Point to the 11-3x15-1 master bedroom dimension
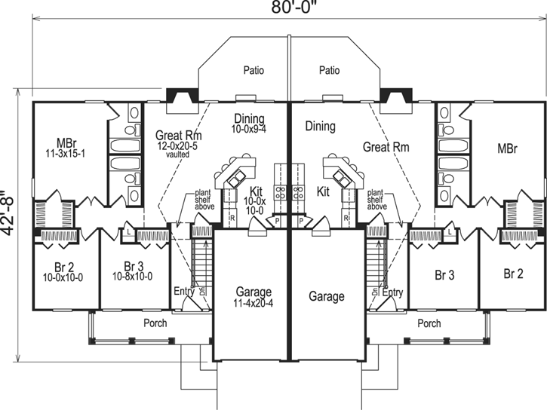pyautogui.click(x=65, y=153)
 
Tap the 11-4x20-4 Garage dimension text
pyautogui.click(x=253, y=303)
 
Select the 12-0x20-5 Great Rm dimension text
pyautogui.click(x=177, y=145)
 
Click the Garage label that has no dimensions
pyautogui.click(x=327, y=297)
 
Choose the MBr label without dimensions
pyautogui.click(x=507, y=148)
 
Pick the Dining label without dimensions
pyautogui.click(x=320, y=127)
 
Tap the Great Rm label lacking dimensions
pyautogui.click(x=386, y=148)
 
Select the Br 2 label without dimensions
pyautogui.click(x=513, y=274)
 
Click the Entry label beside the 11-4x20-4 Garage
pyautogui.click(x=183, y=291)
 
